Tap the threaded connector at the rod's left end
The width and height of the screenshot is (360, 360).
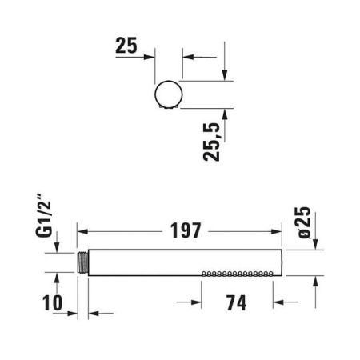[83, 262]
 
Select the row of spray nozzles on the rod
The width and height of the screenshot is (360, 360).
[237, 273]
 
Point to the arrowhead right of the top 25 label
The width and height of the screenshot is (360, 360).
[150, 57]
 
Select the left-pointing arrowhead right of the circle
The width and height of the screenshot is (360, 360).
[187, 57]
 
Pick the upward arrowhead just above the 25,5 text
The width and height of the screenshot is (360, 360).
[226, 114]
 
